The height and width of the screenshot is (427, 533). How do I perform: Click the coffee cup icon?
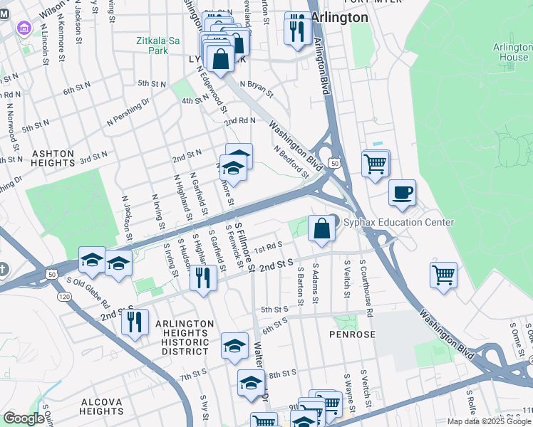[402, 192]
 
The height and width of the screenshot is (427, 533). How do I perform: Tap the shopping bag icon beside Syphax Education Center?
[322, 228]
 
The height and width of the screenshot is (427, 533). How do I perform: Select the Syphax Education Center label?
[398, 223]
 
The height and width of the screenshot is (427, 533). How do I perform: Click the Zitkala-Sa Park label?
[156, 46]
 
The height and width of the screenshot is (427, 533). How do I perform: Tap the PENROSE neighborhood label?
[347, 333]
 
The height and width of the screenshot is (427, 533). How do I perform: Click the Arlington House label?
[512, 52]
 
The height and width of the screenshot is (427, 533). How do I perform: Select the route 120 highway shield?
[65, 295]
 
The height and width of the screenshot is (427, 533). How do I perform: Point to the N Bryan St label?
[257, 84]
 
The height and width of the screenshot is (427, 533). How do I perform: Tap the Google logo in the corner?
[24, 418]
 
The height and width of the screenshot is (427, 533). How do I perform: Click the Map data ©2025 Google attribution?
[489, 421]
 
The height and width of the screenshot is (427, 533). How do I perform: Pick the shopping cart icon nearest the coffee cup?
[375, 163]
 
